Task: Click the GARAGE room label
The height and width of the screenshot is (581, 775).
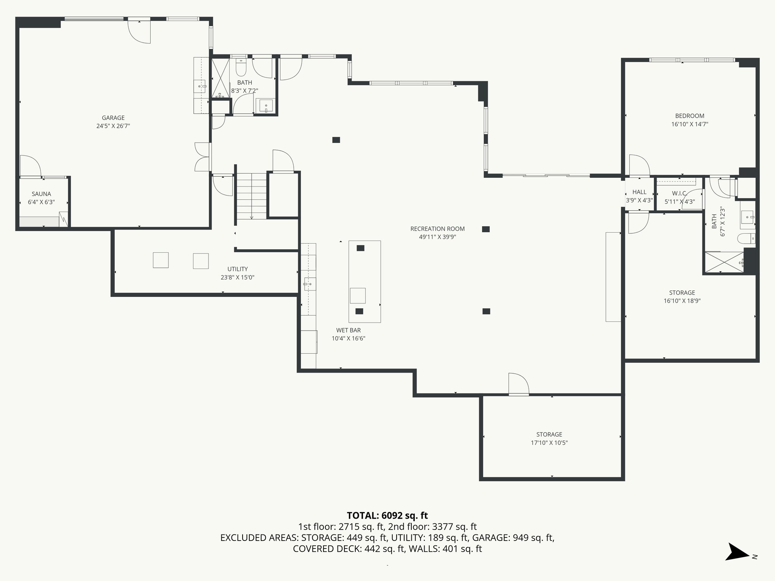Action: click(x=113, y=118)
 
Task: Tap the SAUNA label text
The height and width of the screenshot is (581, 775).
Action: click(x=41, y=194)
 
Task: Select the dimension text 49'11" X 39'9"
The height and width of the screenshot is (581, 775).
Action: click(x=437, y=237)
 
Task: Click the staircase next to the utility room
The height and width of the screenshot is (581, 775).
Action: click(x=252, y=196)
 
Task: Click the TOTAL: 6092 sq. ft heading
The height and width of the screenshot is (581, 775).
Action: click(x=387, y=515)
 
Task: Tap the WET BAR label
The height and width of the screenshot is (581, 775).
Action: click(x=348, y=330)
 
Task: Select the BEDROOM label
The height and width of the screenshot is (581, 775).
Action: click(x=689, y=116)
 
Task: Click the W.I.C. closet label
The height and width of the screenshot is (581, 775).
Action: click(x=679, y=193)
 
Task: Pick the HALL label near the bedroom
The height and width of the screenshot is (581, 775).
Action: click(x=639, y=192)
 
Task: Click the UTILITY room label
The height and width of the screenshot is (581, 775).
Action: click(x=237, y=269)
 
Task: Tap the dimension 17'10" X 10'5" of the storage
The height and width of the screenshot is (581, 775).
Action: click(x=549, y=443)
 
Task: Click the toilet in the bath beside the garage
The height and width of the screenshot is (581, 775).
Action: click(x=241, y=68)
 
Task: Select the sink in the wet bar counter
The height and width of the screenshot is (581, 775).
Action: click(x=310, y=283)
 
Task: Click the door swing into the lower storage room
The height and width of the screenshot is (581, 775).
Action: click(x=518, y=384)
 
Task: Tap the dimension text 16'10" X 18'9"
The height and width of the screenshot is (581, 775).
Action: click(x=682, y=301)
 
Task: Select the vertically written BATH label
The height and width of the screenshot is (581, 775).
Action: click(x=714, y=221)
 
